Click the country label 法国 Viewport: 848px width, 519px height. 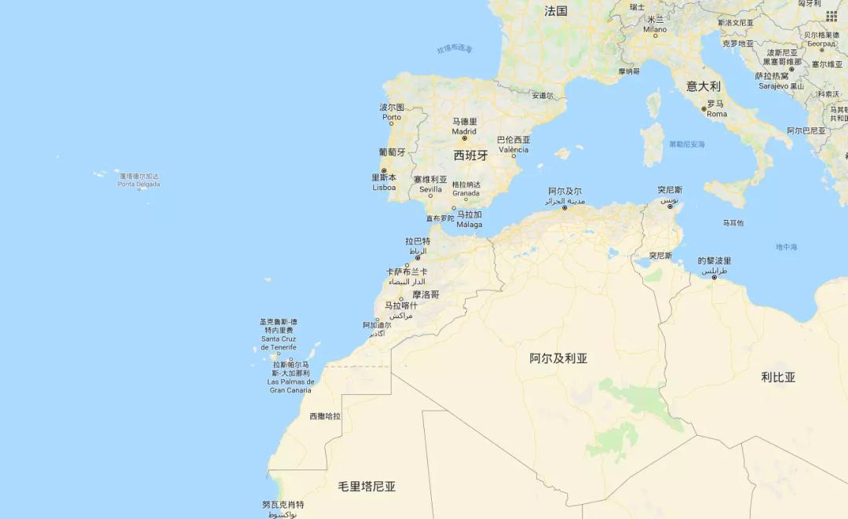click(556, 11)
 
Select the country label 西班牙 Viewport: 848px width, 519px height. click(470, 155)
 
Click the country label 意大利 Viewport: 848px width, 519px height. click(703, 86)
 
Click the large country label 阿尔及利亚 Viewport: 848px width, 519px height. click(558, 358)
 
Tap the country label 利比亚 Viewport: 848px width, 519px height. click(778, 377)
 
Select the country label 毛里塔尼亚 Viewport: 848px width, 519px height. click(367, 487)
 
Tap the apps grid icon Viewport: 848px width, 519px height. click(831, 16)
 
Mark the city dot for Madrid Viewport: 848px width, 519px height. click(464, 138)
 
